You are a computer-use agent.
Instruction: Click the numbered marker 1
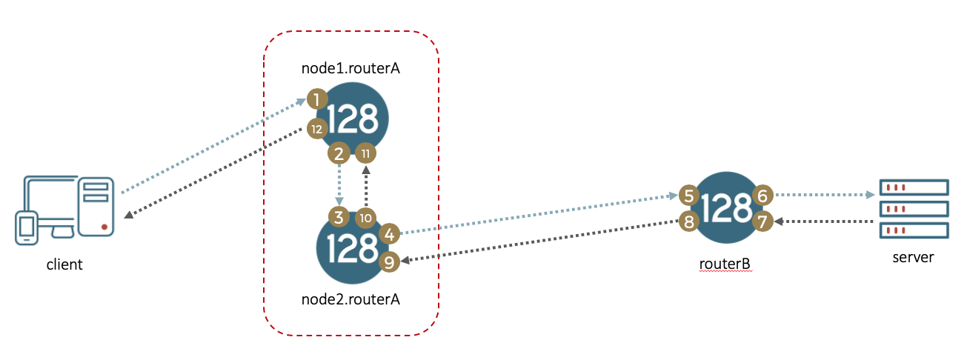pos(317,99)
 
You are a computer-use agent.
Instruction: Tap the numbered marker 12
pos(317,129)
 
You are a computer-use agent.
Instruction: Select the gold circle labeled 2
pos(339,153)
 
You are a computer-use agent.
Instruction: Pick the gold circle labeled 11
pos(365,153)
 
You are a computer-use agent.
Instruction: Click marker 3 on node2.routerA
pos(339,217)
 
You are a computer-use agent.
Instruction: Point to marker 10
pos(365,218)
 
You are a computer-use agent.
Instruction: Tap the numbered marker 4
pos(389,234)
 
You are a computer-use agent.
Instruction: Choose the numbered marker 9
pos(389,262)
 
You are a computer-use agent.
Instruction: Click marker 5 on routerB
pos(689,196)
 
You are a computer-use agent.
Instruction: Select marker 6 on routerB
pos(762,196)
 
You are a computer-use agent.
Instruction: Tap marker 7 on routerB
pos(762,221)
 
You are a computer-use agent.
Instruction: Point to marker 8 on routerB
pos(689,221)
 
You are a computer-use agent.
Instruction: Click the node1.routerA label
pos(350,68)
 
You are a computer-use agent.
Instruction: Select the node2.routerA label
pos(350,299)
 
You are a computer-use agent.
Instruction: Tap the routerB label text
pos(725,263)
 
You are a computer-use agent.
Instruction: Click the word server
pos(913,257)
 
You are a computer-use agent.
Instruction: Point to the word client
pos(64,264)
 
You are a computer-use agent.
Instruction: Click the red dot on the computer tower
pos(104,227)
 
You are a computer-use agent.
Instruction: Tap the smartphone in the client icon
pos(27,228)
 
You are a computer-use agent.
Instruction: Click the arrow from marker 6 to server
pos(825,195)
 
